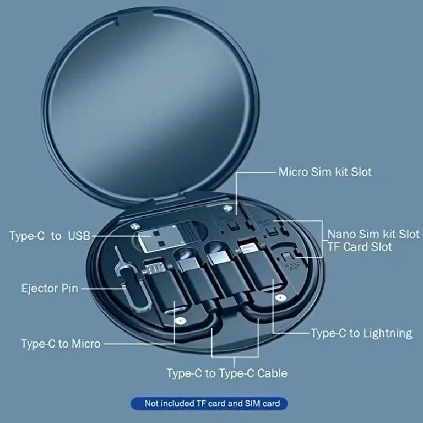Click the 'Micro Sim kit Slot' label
(325, 172)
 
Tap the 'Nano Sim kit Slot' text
(373, 234)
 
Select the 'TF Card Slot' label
(360, 247)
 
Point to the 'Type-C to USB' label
(50, 236)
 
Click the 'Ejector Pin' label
(50, 289)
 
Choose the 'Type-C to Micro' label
(61, 344)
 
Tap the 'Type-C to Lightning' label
(362, 333)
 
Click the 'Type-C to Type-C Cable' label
(227, 373)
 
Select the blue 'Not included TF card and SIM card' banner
(209, 404)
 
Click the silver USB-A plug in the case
(159, 238)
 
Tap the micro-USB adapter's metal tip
(155, 268)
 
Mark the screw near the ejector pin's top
(133, 225)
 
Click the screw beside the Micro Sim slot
(227, 208)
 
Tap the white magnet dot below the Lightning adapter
(281, 297)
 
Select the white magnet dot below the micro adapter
(180, 321)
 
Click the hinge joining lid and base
(167, 198)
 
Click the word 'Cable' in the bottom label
(272, 373)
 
